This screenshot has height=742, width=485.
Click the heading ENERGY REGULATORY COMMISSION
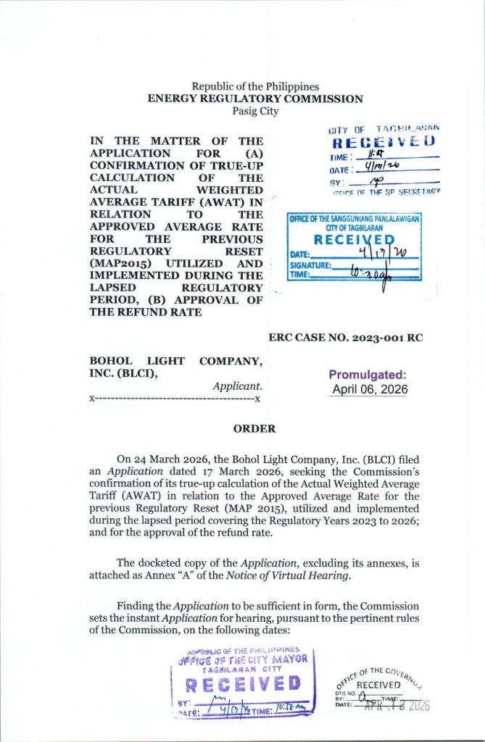[x=254, y=99]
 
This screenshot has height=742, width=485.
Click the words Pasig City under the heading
[x=254, y=112]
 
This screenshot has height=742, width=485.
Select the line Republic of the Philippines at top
[x=255, y=87]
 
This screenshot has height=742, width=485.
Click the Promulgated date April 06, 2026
[x=369, y=389]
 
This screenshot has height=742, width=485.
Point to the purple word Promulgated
[x=368, y=375]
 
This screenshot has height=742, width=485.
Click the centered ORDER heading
[x=254, y=429]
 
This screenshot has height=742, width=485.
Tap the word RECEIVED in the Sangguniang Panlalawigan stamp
[x=355, y=241]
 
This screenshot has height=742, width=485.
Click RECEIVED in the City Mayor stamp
[x=243, y=684]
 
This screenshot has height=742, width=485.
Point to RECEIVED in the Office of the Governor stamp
[x=378, y=685]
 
